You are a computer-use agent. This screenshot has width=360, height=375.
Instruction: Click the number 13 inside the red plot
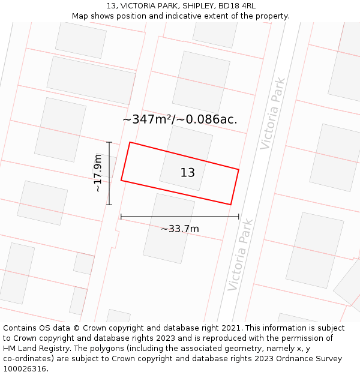188,173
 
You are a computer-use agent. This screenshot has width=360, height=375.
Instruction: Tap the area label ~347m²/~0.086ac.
180,119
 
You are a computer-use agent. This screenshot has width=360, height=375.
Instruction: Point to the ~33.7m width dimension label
180,229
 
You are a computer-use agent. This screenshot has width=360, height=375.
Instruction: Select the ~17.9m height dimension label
98,173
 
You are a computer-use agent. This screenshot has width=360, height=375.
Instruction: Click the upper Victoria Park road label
274,113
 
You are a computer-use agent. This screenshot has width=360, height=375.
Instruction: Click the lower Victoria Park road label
241,255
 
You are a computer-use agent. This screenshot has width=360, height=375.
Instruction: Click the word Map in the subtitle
80,16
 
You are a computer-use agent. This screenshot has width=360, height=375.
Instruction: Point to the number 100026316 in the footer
26,369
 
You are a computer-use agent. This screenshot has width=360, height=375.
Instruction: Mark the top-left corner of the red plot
130,142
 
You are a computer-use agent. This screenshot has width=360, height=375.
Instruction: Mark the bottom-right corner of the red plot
230,205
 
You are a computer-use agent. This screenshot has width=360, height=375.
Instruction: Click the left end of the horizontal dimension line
121,217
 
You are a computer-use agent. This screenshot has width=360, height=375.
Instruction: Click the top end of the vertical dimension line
109,142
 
